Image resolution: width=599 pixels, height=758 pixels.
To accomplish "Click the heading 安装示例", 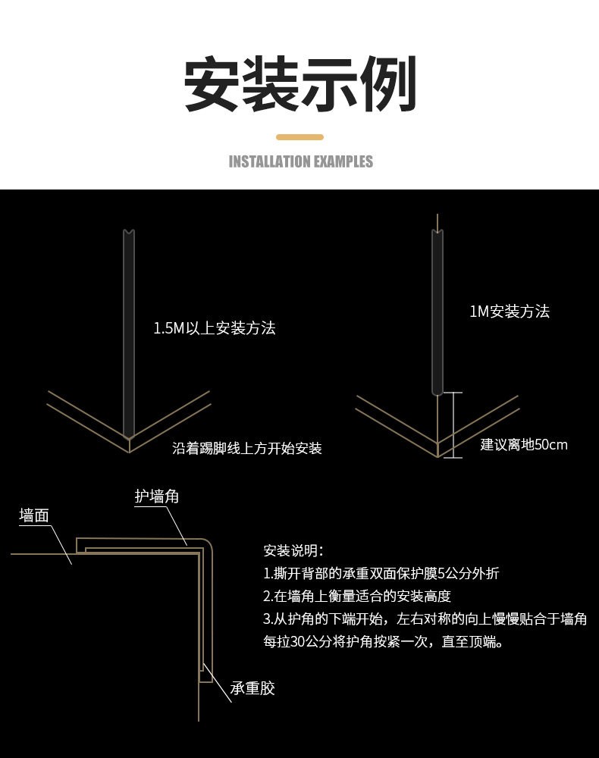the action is pyautogui.click(x=300, y=84).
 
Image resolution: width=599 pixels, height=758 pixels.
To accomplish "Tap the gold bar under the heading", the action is pyautogui.click(x=299, y=137).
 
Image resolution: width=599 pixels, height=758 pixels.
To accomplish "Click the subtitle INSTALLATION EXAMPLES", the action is pyautogui.click(x=300, y=161).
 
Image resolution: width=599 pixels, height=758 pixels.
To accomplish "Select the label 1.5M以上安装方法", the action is pyautogui.click(x=214, y=328).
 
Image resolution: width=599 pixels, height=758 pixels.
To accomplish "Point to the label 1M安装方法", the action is pyautogui.click(x=509, y=312).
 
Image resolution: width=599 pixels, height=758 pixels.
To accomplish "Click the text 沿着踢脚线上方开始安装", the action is pyautogui.click(x=247, y=448).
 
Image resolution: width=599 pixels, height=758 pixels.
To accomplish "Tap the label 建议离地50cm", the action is pyautogui.click(x=524, y=444).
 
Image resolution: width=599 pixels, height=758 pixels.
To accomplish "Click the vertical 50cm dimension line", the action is pyautogui.click(x=453, y=424).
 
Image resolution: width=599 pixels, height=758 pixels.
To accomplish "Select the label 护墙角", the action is pyautogui.click(x=157, y=496).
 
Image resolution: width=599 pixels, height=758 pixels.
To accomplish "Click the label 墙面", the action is pyautogui.click(x=34, y=515).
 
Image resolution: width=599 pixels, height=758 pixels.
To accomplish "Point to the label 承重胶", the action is pyautogui.click(x=252, y=688).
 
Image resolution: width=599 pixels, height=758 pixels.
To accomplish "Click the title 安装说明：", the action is pyautogui.click(x=293, y=550).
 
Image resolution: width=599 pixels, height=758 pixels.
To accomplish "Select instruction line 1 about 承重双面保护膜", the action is pyautogui.click(x=381, y=573).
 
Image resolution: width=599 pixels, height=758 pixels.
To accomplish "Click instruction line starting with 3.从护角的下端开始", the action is pyautogui.click(x=425, y=619).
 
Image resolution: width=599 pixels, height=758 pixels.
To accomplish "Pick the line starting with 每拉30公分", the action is pyautogui.click(x=383, y=641).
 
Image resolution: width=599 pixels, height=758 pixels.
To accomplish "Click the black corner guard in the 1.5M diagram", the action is pyautogui.click(x=129, y=334).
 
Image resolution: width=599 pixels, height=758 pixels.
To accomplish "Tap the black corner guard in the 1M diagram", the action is pyautogui.click(x=437, y=311).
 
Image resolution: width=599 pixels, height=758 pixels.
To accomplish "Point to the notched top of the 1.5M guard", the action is pyautogui.click(x=129, y=232).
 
